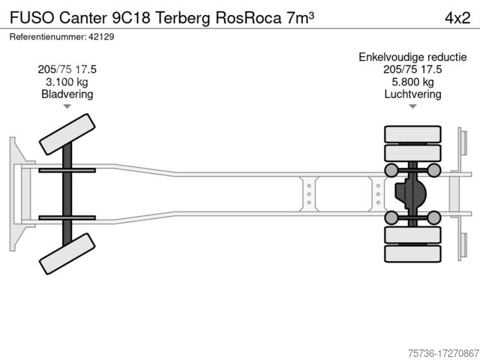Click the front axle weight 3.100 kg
click(x=67, y=82)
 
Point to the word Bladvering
click(x=67, y=94)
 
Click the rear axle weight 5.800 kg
click(x=412, y=82)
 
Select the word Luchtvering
click(x=412, y=94)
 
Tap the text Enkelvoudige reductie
click(x=412, y=56)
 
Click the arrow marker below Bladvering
click(x=67, y=107)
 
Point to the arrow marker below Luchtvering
click(x=412, y=107)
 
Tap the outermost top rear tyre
click(x=412, y=134)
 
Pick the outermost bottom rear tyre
click(x=412, y=254)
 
